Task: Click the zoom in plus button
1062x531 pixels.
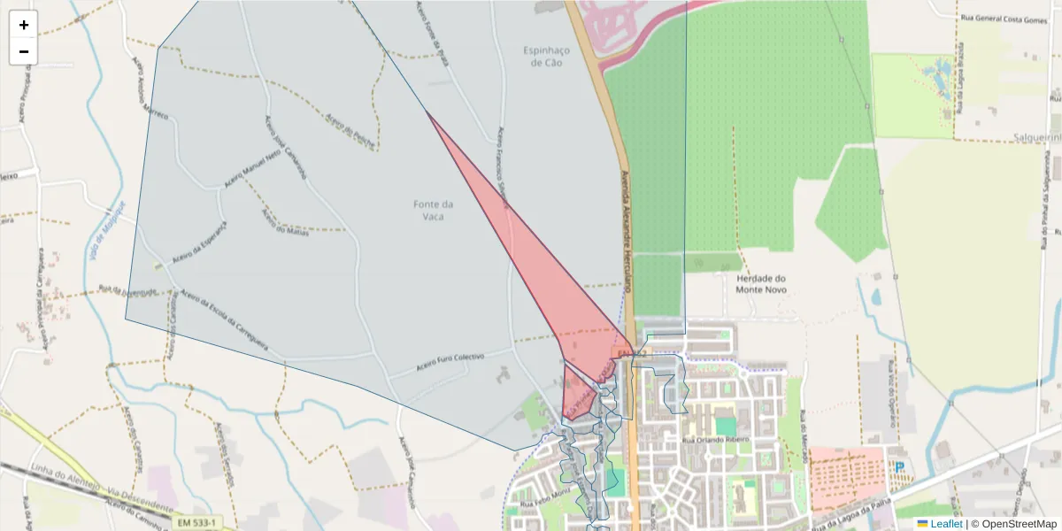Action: pyautogui.click(x=24, y=25)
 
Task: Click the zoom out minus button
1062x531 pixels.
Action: pyautogui.click(x=24, y=51)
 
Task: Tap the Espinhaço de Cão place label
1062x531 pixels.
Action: pyautogui.click(x=547, y=57)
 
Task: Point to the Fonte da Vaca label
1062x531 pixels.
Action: pyautogui.click(x=434, y=210)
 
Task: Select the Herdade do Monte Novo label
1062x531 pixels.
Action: pyautogui.click(x=761, y=283)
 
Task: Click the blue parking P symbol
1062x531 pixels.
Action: pyautogui.click(x=900, y=467)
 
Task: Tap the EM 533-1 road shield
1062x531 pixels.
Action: pyautogui.click(x=196, y=523)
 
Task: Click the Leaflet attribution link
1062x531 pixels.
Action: pyautogui.click(x=945, y=524)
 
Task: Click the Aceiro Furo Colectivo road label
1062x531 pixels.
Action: pyautogui.click(x=450, y=363)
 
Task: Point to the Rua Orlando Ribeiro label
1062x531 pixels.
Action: pyautogui.click(x=715, y=439)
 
